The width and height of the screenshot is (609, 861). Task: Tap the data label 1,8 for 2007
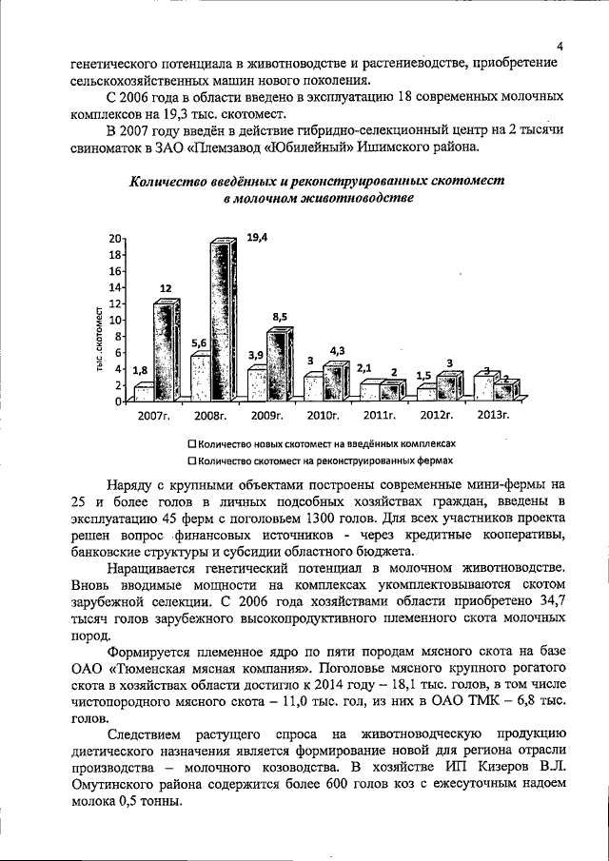(140, 370)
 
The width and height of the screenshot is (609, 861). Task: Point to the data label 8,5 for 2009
(282, 315)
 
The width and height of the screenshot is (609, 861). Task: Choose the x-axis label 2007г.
(153, 416)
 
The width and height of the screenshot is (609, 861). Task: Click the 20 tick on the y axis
(115, 238)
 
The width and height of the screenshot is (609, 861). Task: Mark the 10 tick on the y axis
(115, 320)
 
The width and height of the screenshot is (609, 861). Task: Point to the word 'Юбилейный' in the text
(322, 148)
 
